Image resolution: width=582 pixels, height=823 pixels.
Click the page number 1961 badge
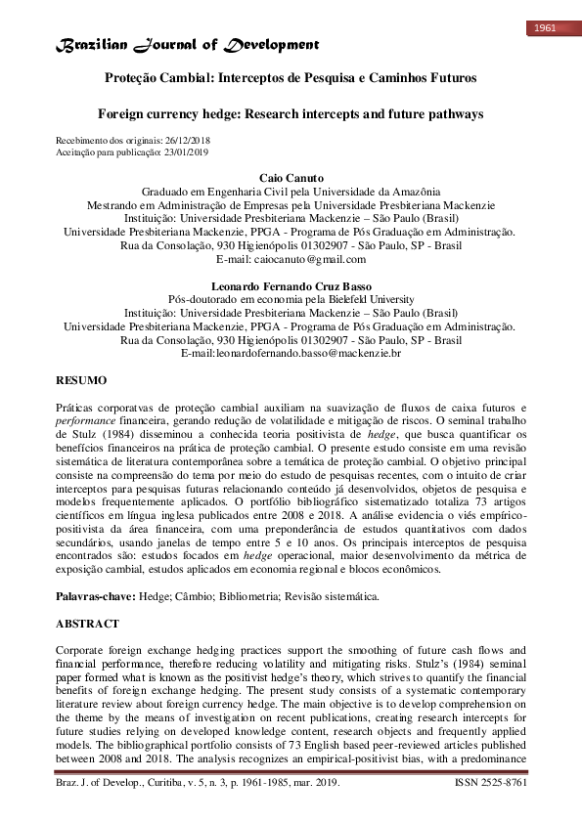[545, 27]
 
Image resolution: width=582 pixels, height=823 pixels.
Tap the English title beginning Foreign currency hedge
[291, 114]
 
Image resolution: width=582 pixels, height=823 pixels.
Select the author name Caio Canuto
[290, 178]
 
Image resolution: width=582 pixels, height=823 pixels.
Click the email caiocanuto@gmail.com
[310, 259]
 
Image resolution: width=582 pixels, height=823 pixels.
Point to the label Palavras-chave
[95, 595]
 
